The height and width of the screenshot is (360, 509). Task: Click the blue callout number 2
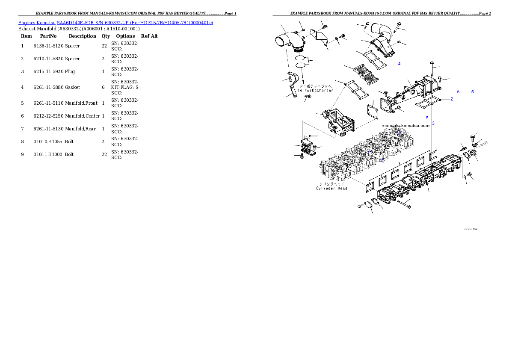[x=451, y=99]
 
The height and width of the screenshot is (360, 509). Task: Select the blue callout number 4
[x=399, y=64]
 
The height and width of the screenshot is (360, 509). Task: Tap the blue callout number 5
[x=473, y=92]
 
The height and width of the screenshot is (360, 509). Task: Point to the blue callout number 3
[x=433, y=123]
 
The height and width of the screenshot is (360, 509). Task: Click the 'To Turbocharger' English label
[x=316, y=90]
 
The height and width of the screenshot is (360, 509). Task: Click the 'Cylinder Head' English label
[x=332, y=188]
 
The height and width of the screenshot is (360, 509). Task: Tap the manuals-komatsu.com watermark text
[x=405, y=126]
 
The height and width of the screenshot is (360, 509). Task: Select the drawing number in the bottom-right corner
[x=471, y=229]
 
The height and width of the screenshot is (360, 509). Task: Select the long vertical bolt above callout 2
[x=432, y=73]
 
